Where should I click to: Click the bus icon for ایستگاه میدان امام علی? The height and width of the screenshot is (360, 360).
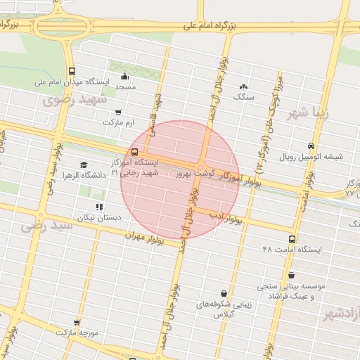pos(72,71)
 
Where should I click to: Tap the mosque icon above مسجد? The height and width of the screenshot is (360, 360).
pos(125,77)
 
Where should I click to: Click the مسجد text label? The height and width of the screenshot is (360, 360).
pos(125,88)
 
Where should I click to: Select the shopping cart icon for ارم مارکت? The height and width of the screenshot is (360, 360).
pos(117,112)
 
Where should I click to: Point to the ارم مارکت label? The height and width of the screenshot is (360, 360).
pos(117,123)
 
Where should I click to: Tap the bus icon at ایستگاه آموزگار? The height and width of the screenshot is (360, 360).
pos(134,151)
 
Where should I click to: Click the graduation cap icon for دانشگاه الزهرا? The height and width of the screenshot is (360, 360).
pos(84,165)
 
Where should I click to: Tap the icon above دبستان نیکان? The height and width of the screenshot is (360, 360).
pos(99,207)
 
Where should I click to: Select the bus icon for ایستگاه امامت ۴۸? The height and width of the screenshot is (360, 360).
pos(292,239)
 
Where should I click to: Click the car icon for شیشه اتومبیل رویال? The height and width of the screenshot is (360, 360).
pos(311,146)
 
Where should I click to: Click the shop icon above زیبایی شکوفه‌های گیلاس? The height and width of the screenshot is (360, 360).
pos(224,293)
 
